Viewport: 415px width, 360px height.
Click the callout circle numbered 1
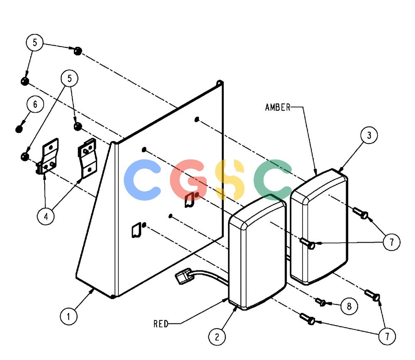(68, 316)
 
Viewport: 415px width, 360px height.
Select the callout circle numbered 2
(217, 337)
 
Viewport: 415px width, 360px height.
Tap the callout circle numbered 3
(369, 135)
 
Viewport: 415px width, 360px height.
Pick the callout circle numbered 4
(46, 216)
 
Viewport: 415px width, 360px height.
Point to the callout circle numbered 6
(35, 105)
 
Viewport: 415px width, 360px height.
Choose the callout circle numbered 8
(349, 306)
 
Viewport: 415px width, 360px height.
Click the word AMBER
(278, 107)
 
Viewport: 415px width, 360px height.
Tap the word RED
(161, 324)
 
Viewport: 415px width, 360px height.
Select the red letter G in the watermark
(188, 179)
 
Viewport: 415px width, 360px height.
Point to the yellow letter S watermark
(229, 180)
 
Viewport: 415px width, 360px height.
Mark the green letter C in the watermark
(272, 180)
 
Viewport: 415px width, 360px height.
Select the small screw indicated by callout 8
(321, 302)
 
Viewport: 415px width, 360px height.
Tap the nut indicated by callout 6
(19, 129)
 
